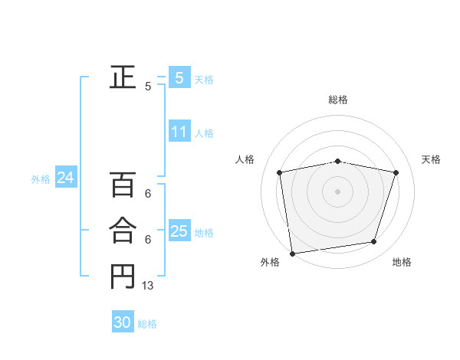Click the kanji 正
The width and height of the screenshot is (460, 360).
pyautogui.click(x=122, y=77)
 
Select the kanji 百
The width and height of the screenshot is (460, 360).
pyautogui.click(x=122, y=185)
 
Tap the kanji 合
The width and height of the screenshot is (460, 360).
pyautogui.click(x=122, y=231)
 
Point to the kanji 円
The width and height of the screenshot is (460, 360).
pyautogui.click(x=122, y=277)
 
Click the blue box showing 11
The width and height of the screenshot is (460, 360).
pyautogui.click(x=179, y=132)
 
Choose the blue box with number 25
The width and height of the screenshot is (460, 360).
pyautogui.click(x=179, y=231)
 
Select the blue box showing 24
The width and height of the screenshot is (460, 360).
pyautogui.click(x=65, y=178)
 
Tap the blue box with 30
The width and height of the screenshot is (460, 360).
pyautogui.click(x=123, y=323)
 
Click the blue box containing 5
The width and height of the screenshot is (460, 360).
pyautogui.click(x=179, y=78)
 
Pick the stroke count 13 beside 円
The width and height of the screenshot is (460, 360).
pyautogui.click(x=148, y=286)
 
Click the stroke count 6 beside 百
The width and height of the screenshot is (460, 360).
pyautogui.click(x=148, y=194)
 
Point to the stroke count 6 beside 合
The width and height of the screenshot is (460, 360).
pyautogui.click(x=148, y=240)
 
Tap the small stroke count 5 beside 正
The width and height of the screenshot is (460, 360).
pyautogui.click(x=148, y=87)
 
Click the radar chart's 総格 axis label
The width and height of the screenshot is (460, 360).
pyautogui.click(x=337, y=100)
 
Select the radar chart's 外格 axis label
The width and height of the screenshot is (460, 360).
pyautogui.click(x=269, y=262)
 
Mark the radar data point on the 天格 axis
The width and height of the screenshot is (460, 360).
pyautogui.click(x=396, y=172)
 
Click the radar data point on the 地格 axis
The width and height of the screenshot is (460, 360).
pyautogui.click(x=374, y=242)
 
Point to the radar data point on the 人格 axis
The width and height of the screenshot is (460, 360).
pyautogui.click(x=280, y=172)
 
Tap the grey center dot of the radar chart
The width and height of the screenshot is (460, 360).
pyautogui.click(x=337, y=191)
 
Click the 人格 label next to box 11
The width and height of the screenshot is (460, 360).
pyautogui.click(x=204, y=133)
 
